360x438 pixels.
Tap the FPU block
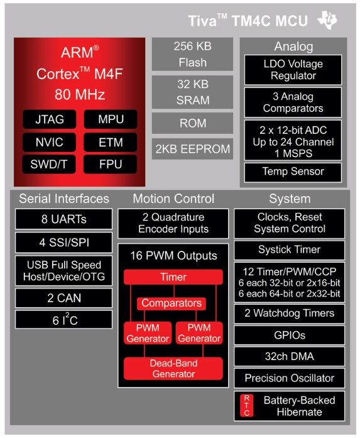[x=111, y=165]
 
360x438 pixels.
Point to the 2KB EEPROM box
[x=193, y=149]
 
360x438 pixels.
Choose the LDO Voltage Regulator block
[x=293, y=70]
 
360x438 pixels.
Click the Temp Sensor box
[x=293, y=172]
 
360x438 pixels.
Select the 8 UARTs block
[x=64, y=220]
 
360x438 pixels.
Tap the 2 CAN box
[x=64, y=297]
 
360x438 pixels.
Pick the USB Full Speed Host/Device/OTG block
[x=64, y=270]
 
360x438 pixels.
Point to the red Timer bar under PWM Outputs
[x=173, y=276]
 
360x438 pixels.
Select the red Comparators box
[x=172, y=303]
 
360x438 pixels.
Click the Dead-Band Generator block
[x=173, y=368]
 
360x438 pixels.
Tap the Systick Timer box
[x=289, y=249]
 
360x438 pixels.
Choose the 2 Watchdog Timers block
[x=289, y=313]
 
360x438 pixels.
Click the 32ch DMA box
[x=289, y=356]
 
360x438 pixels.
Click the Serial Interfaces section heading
[x=64, y=199]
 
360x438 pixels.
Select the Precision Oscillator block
[x=289, y=378]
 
